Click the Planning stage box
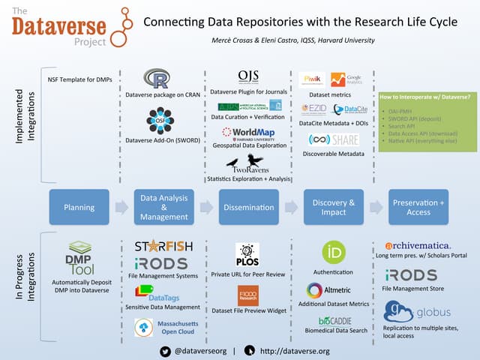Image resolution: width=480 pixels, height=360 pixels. [79, 207]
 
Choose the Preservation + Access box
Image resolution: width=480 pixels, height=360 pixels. [418, 207]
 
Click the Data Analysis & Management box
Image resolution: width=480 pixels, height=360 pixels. [163, 207]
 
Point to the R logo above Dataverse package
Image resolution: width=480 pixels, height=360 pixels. [157, 79]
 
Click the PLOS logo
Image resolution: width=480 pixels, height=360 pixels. [247, 253]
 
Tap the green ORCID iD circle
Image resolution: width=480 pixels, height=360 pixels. [333, 252]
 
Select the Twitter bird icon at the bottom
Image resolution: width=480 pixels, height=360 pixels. [166, 350]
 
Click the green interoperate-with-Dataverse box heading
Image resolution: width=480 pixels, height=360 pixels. [424, 97]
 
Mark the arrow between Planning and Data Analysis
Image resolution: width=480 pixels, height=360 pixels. [121, 207]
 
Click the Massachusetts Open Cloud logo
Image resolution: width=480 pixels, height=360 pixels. [164, 327]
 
